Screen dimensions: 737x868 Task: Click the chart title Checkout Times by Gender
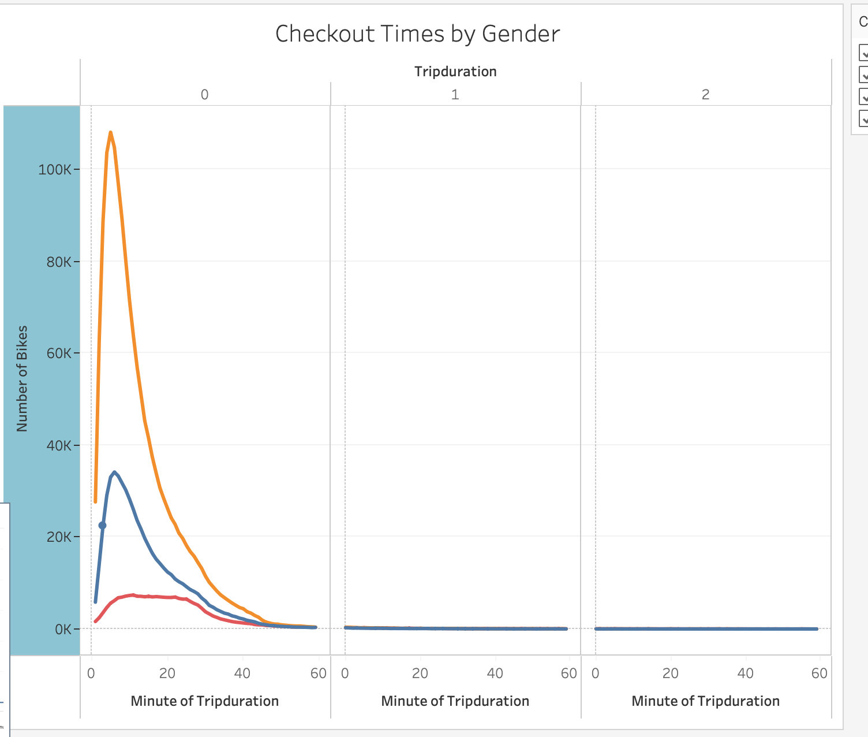pos(417,34)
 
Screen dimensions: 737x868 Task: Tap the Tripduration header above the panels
pos(455,72)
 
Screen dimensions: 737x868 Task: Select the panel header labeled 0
pos(205,95)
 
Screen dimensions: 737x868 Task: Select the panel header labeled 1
pos(455,95)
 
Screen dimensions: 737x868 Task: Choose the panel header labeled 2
pos(705,95)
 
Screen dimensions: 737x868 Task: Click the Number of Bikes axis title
pos(22,379)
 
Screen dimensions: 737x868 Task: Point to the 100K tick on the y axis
pos(55,170)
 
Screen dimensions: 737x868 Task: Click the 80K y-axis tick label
pos(58,262)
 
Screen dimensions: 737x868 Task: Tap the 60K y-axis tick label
pos(58,353)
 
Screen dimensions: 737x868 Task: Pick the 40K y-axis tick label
pos(58,445)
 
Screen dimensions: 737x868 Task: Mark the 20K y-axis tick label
pos(58,537)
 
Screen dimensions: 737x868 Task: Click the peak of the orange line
pos(110,133)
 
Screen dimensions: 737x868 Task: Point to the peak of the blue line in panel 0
pos(115,472)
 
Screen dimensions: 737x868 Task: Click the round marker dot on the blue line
pos(103,526)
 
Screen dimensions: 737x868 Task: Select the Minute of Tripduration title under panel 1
pos(455,701)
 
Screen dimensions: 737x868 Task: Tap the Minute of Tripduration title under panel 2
pos(705,701)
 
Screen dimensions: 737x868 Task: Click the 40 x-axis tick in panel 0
pos(242,673)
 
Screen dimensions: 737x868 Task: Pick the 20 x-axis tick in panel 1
pos(420,673)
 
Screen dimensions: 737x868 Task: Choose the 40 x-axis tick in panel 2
pos(746,673)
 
